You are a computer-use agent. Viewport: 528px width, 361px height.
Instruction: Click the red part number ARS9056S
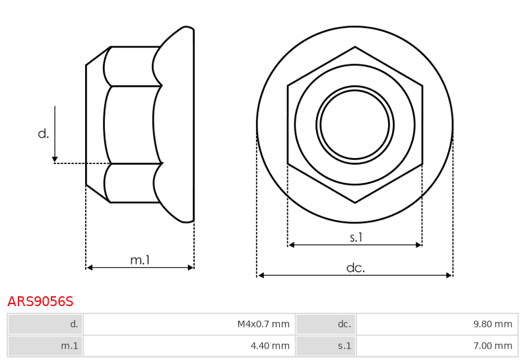pyautogui.click(x=40, y=301)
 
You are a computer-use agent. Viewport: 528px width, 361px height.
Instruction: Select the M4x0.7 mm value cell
pyautogui.click(x=189, y=324)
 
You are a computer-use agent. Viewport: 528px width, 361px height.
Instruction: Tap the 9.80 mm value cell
pyautogui.click(x=437, y=324)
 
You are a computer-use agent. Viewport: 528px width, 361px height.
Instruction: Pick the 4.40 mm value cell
pyautogui.click(x=189, y=346)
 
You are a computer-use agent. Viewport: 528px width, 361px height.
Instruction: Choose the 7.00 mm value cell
pyautogui.click(x=437, y=346)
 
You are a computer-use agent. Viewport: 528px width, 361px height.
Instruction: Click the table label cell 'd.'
pyautogui.click(x=45, y=324)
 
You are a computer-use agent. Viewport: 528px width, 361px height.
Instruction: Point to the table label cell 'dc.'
pyautogui.click(x=326, y=324)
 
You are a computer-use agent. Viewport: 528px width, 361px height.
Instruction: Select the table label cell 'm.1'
pyautogui.click(x=45, y=346)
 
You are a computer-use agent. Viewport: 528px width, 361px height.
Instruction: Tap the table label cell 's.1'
pyautogui.click(x=326, y=346)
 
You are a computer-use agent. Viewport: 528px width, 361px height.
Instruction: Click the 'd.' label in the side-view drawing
pyautogui.click(x=44, y=134)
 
